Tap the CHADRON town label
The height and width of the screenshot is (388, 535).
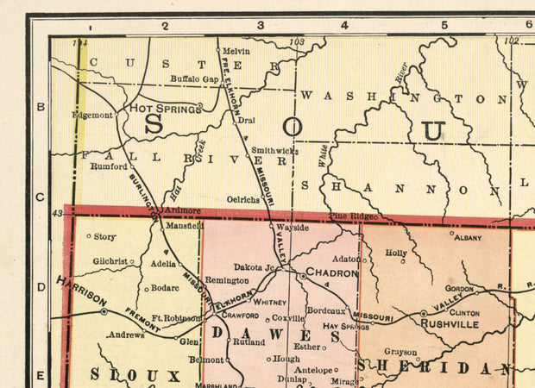[x=332, y=273]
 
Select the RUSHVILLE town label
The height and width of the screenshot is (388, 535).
[x=450, y=324]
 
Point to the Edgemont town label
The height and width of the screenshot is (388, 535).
[x=92, y=115]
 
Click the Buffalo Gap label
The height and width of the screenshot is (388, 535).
[x=195, y=78]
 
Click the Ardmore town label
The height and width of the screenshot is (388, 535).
[x=182, y=210]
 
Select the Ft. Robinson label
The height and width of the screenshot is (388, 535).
[x=176, y=318]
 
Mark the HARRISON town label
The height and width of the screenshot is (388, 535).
[x=82, y=291]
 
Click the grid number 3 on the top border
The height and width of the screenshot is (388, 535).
[x=260, y=26]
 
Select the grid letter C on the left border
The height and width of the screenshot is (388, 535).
[x=40, y=197]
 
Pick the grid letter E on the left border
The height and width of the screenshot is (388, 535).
[x=40, y=374]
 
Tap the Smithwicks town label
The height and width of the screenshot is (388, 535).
[x=275, y=150]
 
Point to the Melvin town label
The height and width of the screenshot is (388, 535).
[x=236, y=51]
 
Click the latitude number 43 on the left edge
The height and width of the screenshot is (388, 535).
[x=58, y=213]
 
